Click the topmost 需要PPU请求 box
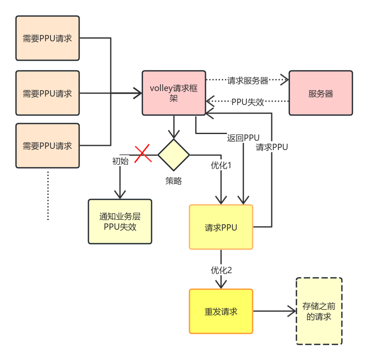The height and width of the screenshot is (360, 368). [x=48, y=38]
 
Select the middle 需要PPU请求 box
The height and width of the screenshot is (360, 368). [x=48, y=93]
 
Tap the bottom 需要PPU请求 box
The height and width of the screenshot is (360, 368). [x=48, y=146]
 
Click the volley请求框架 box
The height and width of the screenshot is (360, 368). [x=173, y=93]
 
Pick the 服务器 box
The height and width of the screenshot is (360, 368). [x=320, y=93]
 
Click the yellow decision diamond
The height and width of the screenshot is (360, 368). [x=173, y=155]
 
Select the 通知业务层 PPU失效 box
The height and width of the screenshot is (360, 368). [x=120, y=222]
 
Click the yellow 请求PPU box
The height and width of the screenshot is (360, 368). [x=221, y=228]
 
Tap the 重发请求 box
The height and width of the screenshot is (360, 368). [x=221, y=312]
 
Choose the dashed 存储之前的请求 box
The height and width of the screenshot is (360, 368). [x=319, y=312]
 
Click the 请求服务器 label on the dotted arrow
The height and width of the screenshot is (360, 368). [x=248, y=81]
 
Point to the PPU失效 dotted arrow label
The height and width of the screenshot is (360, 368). [x=248, y=102]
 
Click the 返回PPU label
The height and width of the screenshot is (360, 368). [x=243, y=138]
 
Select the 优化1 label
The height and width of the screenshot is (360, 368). [x=221, y=166]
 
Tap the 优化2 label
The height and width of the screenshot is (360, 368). [x=221, y=270]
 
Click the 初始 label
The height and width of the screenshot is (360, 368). [x=120, y=161]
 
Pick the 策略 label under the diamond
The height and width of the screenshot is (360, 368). [x=173, y=181]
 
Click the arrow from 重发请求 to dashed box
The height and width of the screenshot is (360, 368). [x=274, y=312]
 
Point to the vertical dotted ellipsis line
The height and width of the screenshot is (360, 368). [x=48, y=196]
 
